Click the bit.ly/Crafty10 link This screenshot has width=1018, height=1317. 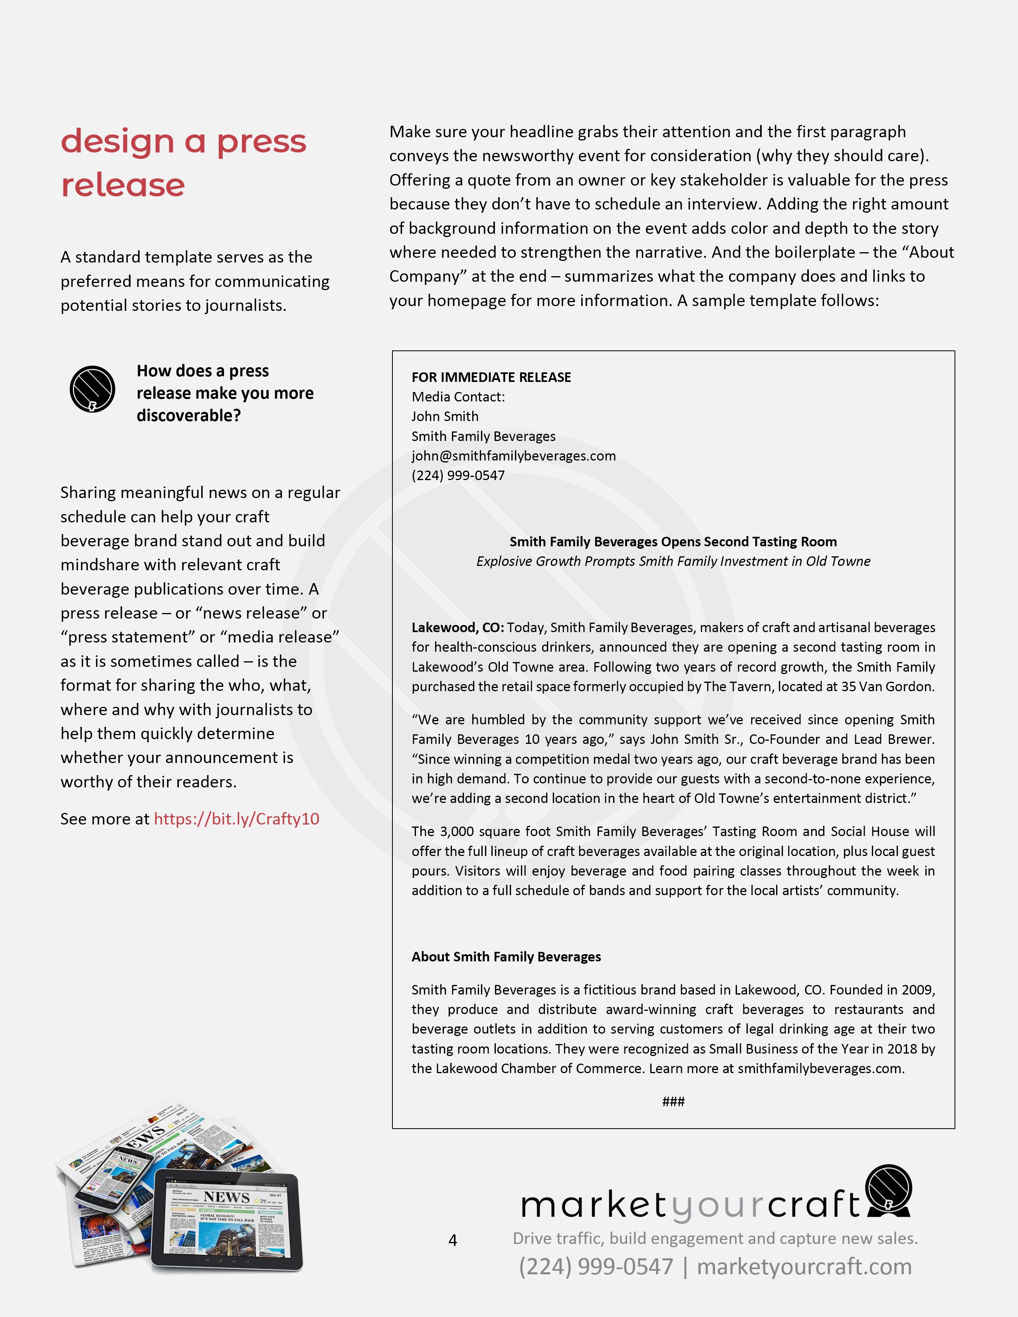coord(236,819)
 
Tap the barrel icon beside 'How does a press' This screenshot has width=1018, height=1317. coord(92,390)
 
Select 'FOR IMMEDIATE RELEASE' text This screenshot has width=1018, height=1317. coord(491,378)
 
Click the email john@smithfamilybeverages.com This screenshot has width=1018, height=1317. coord(513,456)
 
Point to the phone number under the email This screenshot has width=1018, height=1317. coord(458,476)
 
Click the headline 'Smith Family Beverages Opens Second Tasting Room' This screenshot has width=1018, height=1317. coord(673,542)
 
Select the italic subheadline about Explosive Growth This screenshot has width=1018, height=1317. coord(673,562)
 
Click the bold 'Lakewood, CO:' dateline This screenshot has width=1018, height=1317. coord(458,628)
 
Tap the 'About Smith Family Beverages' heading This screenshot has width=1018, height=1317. coord(506,957)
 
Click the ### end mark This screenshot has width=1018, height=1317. coord(673,1102)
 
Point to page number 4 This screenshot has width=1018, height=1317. coord(453,1240)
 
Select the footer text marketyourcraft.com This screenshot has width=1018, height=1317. coord(804,1267)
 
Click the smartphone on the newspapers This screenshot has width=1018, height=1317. coord(111,1179)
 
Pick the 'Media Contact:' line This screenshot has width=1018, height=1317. coord(458,397)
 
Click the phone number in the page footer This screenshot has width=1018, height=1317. coord(596,1267)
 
